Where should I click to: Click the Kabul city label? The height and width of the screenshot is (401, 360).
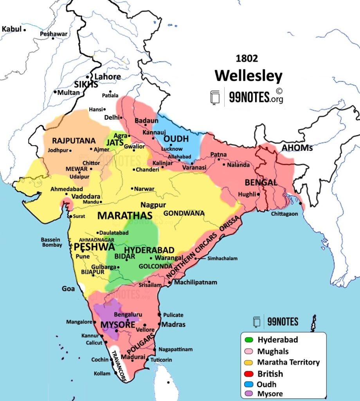pos(12,29)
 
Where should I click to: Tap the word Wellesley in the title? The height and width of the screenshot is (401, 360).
pos(248,76)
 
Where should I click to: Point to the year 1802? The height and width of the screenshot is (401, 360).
pos(247,59)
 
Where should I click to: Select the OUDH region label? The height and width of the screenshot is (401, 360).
pos(176,139)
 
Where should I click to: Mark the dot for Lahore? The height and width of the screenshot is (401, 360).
pos(88,77)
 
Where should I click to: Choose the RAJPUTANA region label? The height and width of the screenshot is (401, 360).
pos(68,140)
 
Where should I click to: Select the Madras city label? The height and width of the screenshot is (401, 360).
pos(173,324)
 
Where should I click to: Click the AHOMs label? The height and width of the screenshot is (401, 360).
pos(295,148)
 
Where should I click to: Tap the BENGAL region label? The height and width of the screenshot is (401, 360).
pos(261,182)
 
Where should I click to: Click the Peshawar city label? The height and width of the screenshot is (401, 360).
pos(54,34)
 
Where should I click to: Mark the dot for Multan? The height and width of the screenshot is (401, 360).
pos(55,92)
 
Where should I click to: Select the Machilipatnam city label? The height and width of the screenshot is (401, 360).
pos(195,282)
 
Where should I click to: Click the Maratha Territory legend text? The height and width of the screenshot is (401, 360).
pos(288,362)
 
